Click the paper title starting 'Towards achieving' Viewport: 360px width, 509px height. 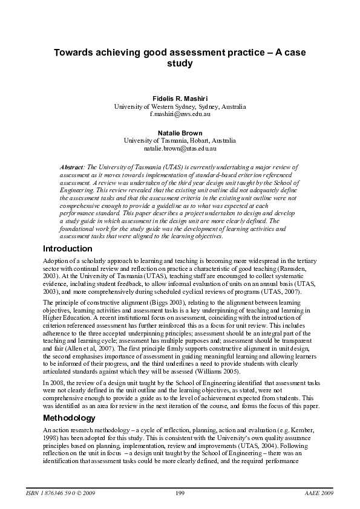click(x=180, y=57)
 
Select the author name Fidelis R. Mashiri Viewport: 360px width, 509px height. click(x=180, y=98)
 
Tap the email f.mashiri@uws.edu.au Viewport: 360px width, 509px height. click(x=180, y=114)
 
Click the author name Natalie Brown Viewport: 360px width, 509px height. click(x=180, y=132)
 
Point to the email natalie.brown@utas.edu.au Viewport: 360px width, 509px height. click(x=180, y=148)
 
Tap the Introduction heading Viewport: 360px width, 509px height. click(x=67, y=248)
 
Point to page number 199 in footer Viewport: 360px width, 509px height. click(x=180, y=493)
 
